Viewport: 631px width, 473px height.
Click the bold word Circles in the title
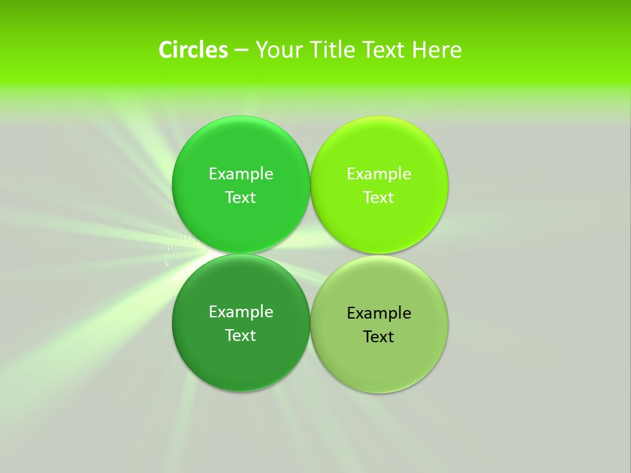[x=193, y=50]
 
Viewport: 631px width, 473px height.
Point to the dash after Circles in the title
[x=241, y=51]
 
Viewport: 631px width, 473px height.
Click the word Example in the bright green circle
[x=241, y=173]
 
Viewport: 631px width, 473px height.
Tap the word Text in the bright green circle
[x=241, y=197]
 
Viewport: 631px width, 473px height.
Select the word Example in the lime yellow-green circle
[x=379, y=173]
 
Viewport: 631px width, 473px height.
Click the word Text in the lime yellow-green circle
[x=379, y=197]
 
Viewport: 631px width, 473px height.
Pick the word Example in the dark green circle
[x=241, y=311]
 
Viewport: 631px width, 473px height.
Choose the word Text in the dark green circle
[x=241, y=335]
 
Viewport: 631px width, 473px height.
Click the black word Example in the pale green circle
[x=379, y=313]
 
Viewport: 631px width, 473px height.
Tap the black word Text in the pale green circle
[x=379, y=336]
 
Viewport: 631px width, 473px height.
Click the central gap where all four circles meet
[x=310, y=254]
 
